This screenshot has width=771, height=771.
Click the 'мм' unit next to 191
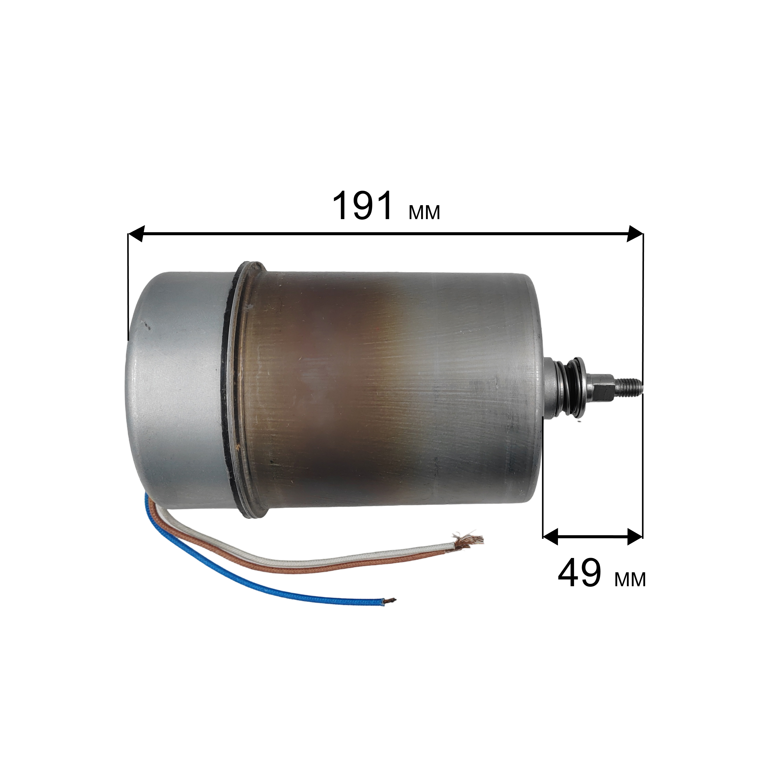[424, 212]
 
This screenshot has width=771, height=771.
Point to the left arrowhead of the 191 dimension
[135, 233]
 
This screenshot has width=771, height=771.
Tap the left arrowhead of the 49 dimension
[550, 537]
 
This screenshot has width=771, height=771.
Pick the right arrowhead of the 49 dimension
[635, 537]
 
